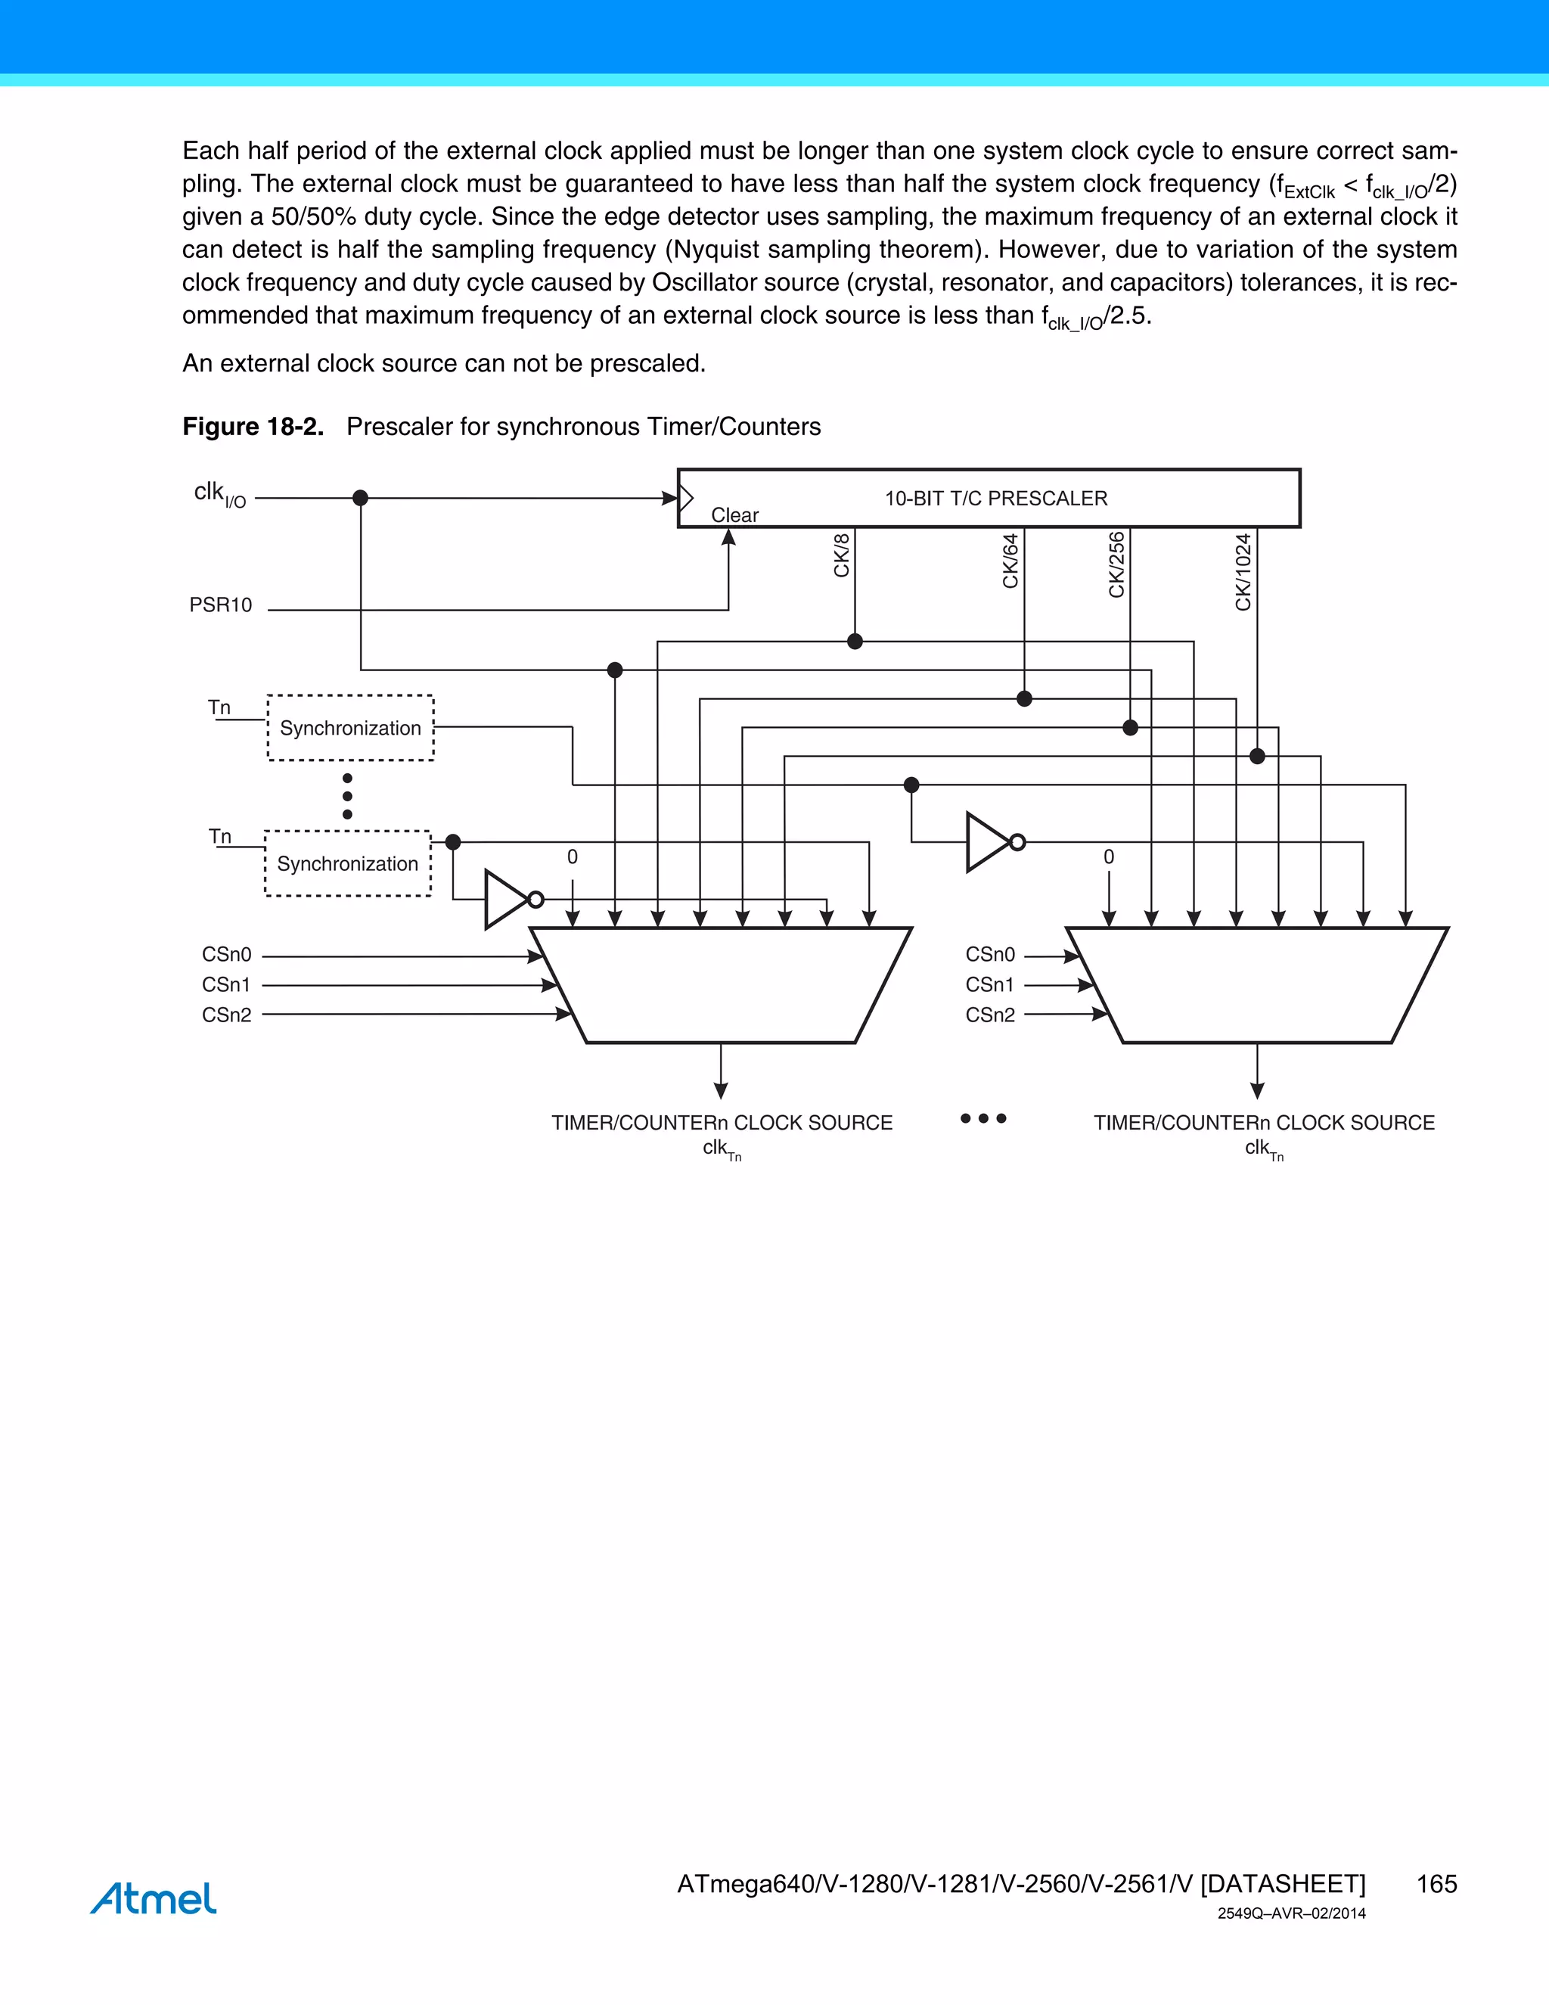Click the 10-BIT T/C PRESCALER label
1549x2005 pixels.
pos(995,499)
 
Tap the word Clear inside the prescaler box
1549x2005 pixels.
pos(734,515)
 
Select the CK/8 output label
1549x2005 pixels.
pos(842,555)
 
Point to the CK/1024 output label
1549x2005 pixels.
pos(1243,572)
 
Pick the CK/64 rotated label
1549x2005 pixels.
pos(1010,560)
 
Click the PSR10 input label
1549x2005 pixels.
pos(220,605)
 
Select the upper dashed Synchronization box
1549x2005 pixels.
pos(350,728)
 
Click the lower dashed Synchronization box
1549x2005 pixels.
pos(348,864)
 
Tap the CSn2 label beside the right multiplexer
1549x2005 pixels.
pos(990,1015)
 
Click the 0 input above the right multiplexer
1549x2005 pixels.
pos(1109,856)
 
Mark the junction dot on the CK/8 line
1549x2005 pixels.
pos(855,642)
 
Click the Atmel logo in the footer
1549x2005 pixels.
pos(154,1898)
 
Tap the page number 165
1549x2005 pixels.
pos(1436,1884)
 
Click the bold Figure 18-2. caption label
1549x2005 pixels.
pos(253,427)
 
